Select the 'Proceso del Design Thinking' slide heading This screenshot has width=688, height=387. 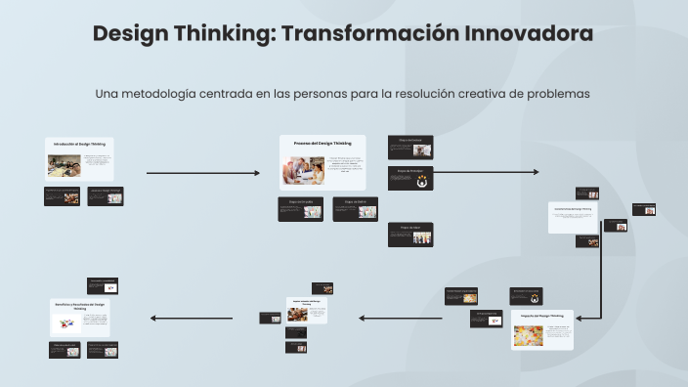click(x=322, y=144)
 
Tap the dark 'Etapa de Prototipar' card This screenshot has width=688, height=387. click(x=410, y=177)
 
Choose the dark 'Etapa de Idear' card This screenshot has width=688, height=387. click(x=410, y=235)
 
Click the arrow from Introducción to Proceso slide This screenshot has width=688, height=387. click(x=202, y=173)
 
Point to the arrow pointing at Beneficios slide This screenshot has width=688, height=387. click(x=191, y=318)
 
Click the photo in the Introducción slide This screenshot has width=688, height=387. click(x=64, y=165)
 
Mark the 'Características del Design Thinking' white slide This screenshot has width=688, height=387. click(x=574, y=217)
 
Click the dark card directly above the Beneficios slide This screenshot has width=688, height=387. click(x=103, y=285)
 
